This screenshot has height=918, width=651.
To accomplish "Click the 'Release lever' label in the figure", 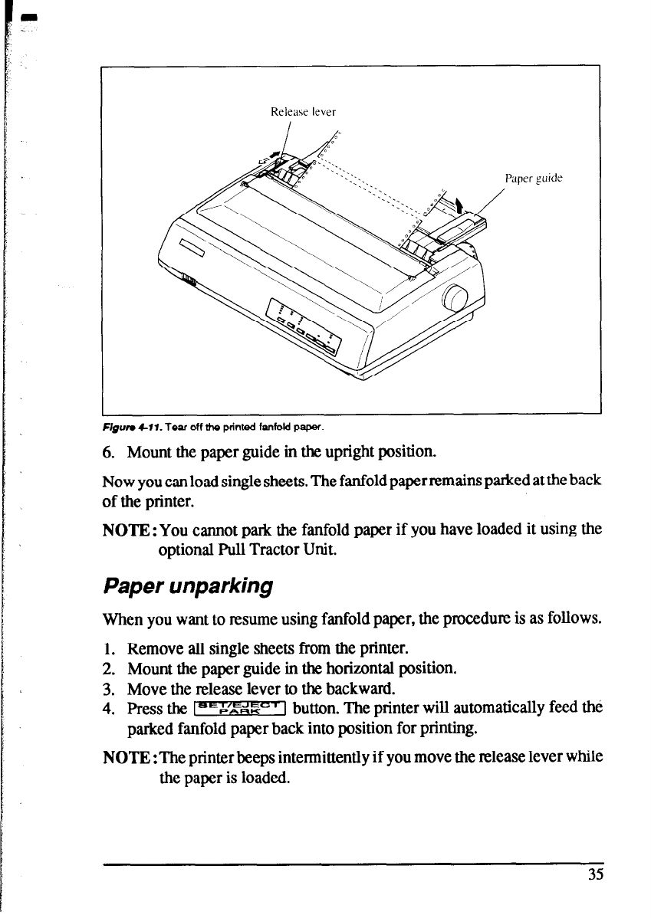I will [x=304, y=111].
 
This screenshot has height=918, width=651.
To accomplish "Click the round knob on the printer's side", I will [x=456, y=297].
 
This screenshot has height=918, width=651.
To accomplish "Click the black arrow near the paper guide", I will [x=459, y=205].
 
